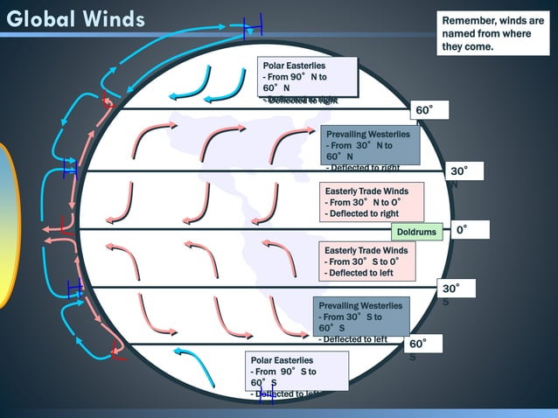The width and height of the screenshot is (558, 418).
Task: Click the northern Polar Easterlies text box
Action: [310, 77]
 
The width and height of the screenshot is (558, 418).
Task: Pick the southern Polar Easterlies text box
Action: [298, 371]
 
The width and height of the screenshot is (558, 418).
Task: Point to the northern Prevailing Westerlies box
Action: [370, 145]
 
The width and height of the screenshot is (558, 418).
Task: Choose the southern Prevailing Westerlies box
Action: [362, 317]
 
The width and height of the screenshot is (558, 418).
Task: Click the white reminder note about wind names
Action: [492, 33]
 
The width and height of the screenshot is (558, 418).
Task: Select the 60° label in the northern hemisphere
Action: [424, 110]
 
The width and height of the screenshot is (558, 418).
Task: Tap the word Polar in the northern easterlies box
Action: [276, 66]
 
